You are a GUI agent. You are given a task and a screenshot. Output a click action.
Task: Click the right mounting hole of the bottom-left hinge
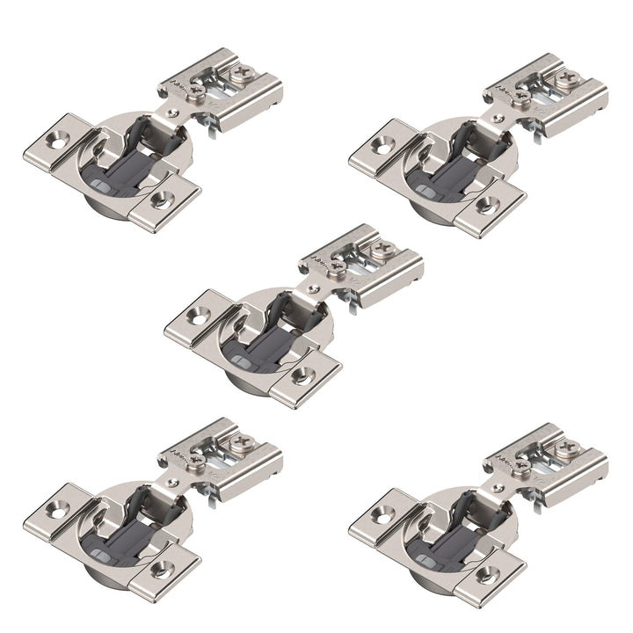pos(161,569)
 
